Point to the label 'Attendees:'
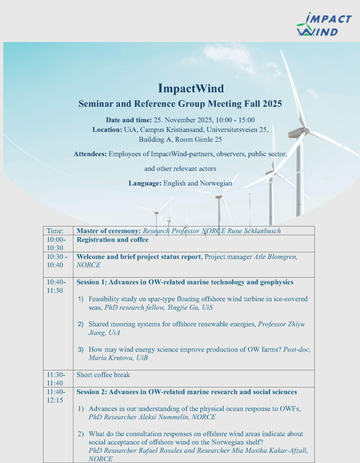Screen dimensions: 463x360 click(x=90, y=154)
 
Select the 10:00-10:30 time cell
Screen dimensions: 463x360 click(x=56, y=244)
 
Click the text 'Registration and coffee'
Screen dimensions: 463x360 click(x=113, y=240)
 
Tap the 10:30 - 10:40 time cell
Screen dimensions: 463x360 click(x=57, y=261)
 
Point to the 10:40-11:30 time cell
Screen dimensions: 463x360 click(x=56, y=286)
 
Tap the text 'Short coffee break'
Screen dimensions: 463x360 click(x=103, y=375)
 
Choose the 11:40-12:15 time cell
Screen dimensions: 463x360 click(x=56, y=396)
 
